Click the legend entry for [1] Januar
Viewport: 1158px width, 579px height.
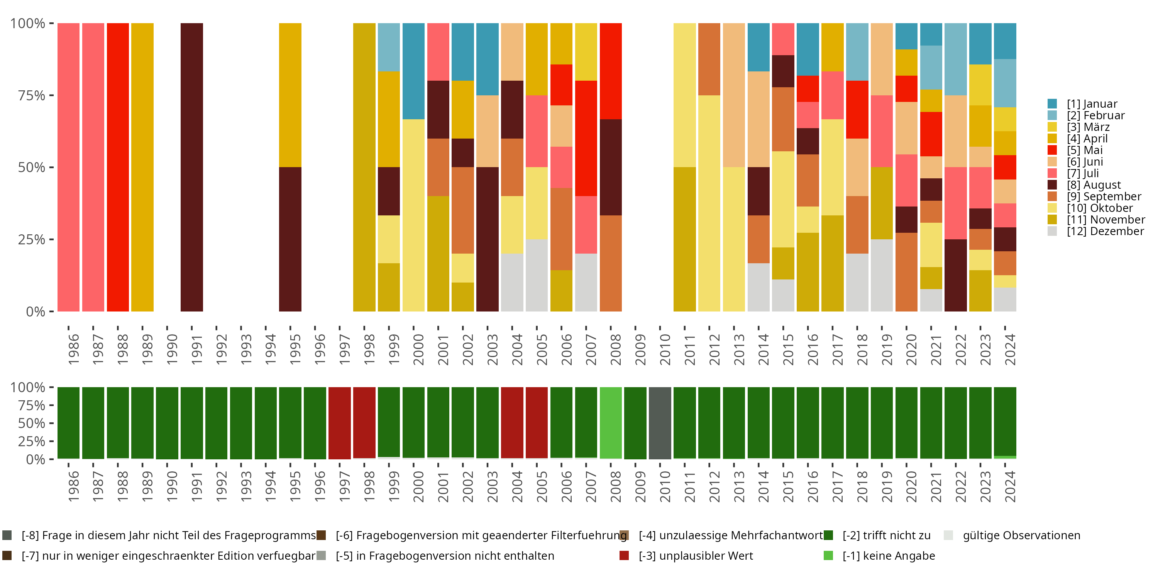pyautogui.click(x=1092, y=104)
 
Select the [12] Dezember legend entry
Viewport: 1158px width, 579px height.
pyautogui.click(x=1105, y=231)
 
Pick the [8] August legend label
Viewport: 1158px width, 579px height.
pyautogui.click(x=1093, y=185)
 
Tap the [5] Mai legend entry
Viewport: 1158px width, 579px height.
pyautogui.click(x=1084, y=150)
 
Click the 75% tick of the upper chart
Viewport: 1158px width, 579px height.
pyautogui.click(x=32, y=95)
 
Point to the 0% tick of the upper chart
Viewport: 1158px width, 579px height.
pyautogui.click(x=36, y=312)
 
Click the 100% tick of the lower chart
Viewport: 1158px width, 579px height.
pyautogui.click(x=28, y=388)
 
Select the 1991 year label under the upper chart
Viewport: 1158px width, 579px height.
pyautogui.click(x=196, y=350)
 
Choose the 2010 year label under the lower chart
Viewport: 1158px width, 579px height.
pyautogui.click(x=665, y=487)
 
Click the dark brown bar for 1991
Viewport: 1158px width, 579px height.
pyautogui.click(x=192, y=167)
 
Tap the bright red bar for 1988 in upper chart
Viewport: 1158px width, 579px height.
pyautogui.click(x=118, y=167)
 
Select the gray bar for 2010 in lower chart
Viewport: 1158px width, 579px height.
pyautogui.click(x=660, y=423)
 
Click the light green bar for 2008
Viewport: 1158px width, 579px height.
pyautogui.click(x=611, y=423)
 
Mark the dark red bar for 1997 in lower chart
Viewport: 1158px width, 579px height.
pyautogui.click(x=339, y=423)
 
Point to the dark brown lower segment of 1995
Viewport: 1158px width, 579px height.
pyautogui.click(x=290, y=239)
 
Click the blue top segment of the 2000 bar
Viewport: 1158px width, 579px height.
pyautogui.click(x=413, y=71)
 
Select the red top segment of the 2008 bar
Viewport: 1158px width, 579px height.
pyautogui.click(x=611, y=71)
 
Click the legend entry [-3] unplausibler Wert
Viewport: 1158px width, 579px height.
pyautogui.click(x=696, y=555)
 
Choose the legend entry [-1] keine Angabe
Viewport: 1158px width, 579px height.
pyautogui.click(x=888, y=555)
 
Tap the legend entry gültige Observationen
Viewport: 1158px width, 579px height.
pyautogui.click(x=1021, y=535)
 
